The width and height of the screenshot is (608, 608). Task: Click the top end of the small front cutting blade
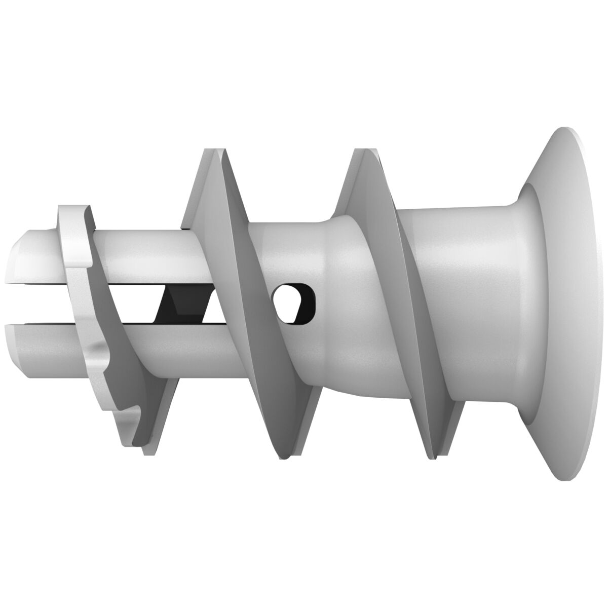click(x=73, y=209)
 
